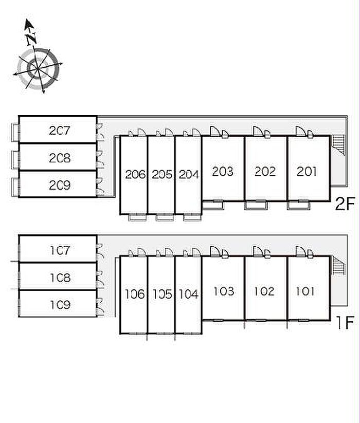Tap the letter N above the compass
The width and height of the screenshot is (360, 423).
pos(32,37)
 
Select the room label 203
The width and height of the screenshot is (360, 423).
pos(223,171)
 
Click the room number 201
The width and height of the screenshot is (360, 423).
pos(307,171)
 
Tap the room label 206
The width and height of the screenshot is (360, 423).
pos(135,174)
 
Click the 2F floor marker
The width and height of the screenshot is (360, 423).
pos(345,205)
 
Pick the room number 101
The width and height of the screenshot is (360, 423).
pos(305,291)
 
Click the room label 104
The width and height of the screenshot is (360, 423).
pos(189,295)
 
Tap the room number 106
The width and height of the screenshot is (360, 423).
pos(135,295)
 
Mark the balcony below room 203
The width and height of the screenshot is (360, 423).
pos(213,205)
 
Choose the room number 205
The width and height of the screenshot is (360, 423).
pos(162,174)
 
